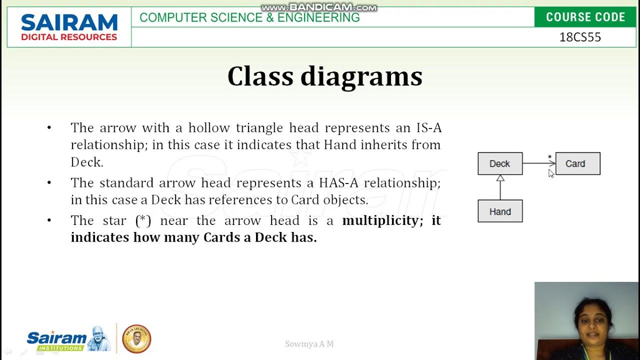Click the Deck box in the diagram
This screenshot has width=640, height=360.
coord(500,163)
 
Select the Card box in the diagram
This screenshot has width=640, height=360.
coord(577,163)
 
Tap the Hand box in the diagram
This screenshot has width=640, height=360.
coord(500,211)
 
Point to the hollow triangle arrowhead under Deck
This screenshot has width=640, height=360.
coord(500,178)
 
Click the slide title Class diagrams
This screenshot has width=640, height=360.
coord(324,76)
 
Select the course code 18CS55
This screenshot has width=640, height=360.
coord(580,37)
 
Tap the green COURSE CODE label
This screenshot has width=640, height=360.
coord(585,17)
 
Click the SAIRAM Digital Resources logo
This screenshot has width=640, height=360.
coord(69,27)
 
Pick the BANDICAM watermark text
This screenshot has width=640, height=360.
coord(319,7)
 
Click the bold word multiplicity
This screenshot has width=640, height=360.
coord(380,220)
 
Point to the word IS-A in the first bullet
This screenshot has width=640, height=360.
coord(428,128)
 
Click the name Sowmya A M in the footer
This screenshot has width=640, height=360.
coord(309,344)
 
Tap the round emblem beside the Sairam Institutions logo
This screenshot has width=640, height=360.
coord(136,339)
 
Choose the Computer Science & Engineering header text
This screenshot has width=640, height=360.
coord(249,17)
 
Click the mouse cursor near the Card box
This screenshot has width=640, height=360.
coord(550,173)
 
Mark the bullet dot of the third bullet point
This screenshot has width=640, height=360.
coord(49,220)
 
